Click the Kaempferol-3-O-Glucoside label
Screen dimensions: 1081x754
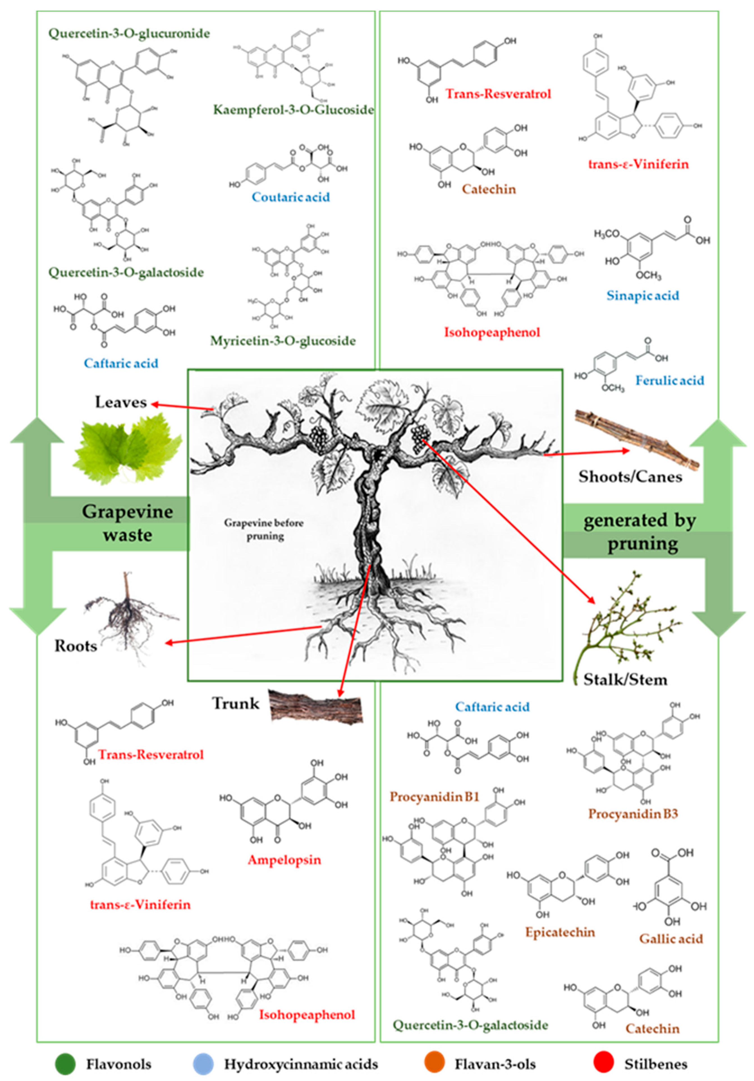(x=293, y=110)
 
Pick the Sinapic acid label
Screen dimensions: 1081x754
(x=642, y=296)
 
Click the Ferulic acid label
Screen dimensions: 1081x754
(x=669, y=381)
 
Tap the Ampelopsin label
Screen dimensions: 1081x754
(x=284, y=860)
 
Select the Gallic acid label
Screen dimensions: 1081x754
(x=671, y=939)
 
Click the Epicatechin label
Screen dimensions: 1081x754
(x=560, y=932)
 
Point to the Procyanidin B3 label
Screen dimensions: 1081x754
(x=632, y=813)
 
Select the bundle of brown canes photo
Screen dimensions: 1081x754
(x=636, y=440)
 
